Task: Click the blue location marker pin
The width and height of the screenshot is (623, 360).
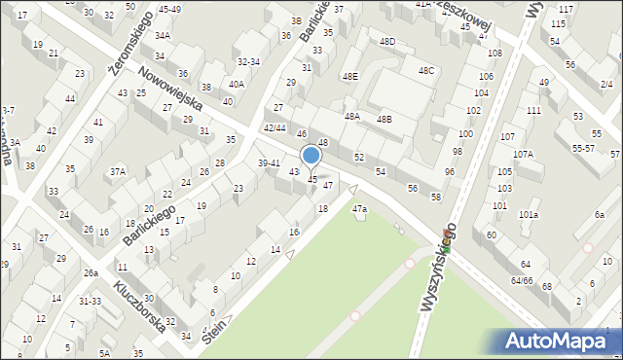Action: (311, 156)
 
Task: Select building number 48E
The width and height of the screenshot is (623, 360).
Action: (349, 76)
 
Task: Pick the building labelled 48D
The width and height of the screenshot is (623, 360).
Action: (387, 42)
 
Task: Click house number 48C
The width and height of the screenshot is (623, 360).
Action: (426, 70)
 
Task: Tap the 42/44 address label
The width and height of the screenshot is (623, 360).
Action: (275, 127)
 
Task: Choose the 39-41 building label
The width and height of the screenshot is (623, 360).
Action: (269, 162)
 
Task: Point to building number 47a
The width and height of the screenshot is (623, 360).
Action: (360, 208)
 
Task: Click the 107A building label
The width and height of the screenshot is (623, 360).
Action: (524, 154)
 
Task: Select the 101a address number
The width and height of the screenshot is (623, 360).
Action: (529, 213)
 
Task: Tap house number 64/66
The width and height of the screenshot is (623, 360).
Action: (522, 280)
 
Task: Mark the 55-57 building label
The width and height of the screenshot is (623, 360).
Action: (584, 148)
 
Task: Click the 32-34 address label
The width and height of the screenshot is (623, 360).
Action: (248, 61)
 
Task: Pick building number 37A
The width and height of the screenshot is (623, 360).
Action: (118, 171)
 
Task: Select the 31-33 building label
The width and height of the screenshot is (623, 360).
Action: (90, 301)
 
